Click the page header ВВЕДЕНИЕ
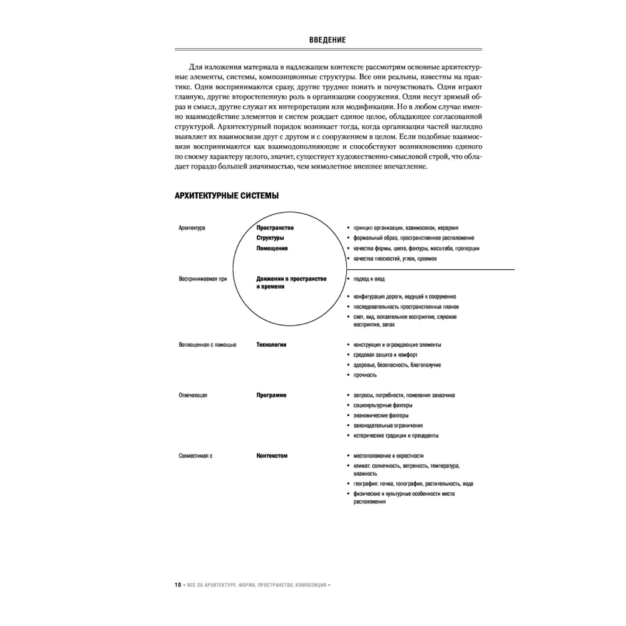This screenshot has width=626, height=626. click(327, 40)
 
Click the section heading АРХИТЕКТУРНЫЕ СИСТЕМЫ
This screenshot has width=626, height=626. click(227, 197)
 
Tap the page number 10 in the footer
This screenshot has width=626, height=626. click(178, 585)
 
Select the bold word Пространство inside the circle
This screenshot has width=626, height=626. click(275, 228)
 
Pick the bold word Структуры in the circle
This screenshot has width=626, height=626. click(270, 238)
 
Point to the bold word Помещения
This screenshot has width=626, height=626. click(272, 248)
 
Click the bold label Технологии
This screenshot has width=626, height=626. click(272, 344)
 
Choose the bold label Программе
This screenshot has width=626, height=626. click(272, 396)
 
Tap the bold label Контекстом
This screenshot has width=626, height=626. click(272, 456)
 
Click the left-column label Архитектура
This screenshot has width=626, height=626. click(192, 228)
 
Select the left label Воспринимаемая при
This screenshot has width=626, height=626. click(202, 279)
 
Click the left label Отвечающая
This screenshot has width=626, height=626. click(193, 396)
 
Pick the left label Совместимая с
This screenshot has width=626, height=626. click(196, 456)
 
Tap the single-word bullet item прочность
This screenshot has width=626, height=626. click(366, 374)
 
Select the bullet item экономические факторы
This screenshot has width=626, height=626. click(381, 416)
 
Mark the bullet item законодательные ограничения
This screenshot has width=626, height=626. click(388, 426)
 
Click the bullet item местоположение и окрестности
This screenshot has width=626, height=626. click(389, 456)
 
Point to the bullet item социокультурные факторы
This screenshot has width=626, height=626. click(383, 406)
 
